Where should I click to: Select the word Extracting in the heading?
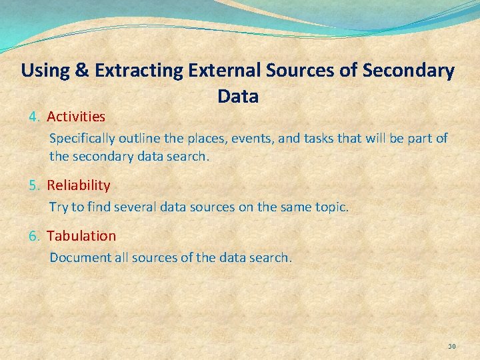pyautogui.click(x=139, y=71)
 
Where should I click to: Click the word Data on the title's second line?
pyautogui.click(x=238, y=97)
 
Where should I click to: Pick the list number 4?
pyautogui.click(x=35, y=117)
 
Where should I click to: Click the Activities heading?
pyautogui.click(x=76, y=117)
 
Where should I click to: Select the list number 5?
pyautogui.click(x=35, y=185)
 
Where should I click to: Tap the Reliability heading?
pyautogui.click(x=79, y=185)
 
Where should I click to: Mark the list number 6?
pyautogui.click(x=35, y=236)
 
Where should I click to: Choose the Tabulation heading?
pyautogui.click(x=81, y=236)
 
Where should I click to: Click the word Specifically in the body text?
pyautogui.click(x=82, y=139)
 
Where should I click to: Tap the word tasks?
pyautogui.click(x=323, y=139)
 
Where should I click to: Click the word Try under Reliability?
pyautogui.click(x=59, y=207)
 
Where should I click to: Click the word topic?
pyautogui.click(x=331, y=207)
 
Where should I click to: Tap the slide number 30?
pyautogui.click(x=451, y=346)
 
